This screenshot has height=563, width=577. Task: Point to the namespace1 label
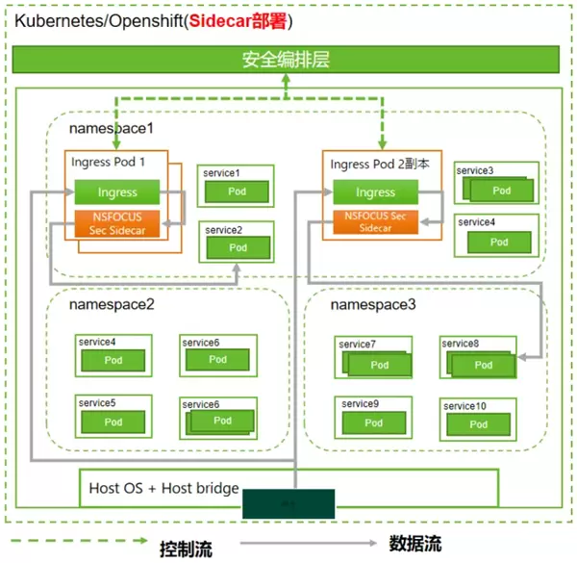tap(111, 127)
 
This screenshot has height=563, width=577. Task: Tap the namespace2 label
tap(111, 304)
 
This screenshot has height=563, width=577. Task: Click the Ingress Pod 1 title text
tap(109, 162)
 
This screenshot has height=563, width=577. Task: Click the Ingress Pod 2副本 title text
tap(379, 164)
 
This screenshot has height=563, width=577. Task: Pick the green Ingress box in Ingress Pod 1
tap(117, 192)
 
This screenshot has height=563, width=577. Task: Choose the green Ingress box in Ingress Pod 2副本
tap(375, 192)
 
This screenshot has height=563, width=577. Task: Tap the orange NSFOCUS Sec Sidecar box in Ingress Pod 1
tap(117, 223)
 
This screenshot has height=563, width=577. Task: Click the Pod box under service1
tap(236, 191)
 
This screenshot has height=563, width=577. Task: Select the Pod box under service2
tap(236, 247)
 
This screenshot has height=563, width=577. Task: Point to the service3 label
tap(475, 170)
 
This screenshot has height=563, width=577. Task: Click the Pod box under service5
tap(113, 422)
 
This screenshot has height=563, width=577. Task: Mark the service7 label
tap(358, 344)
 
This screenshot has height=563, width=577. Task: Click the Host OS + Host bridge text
tap(163, 489)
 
